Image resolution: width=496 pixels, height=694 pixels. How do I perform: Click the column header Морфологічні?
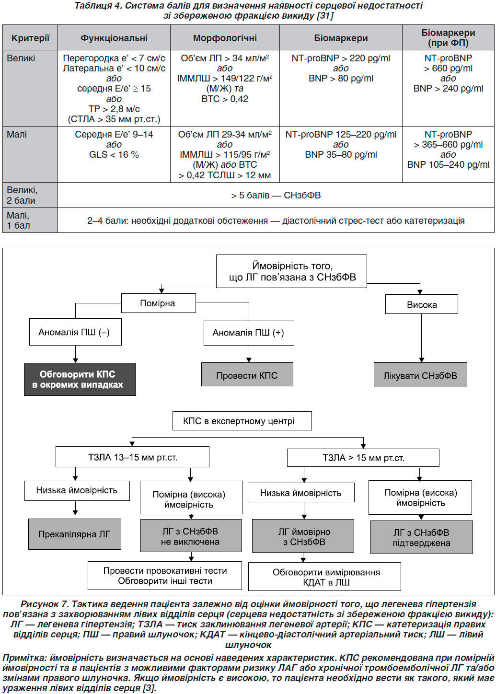(x=225, y=38)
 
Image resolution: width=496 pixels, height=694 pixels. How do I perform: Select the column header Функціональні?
(x=114, y=38)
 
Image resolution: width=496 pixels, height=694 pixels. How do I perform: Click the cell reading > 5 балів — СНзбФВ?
(x=276, y=195)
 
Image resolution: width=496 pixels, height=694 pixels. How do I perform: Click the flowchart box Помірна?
(x=158, y=303)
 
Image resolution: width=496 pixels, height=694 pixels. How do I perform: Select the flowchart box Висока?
(x=421, y=304)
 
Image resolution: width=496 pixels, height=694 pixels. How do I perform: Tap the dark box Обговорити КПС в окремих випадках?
(x=80, y=379)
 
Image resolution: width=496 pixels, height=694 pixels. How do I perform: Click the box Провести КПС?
(x=247, y=374)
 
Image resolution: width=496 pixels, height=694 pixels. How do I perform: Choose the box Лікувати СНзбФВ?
(x=420, y=375)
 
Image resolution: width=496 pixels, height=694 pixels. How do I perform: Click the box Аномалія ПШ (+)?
(x=249, y=333)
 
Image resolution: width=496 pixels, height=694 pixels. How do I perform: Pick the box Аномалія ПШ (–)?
(x=75, y=332)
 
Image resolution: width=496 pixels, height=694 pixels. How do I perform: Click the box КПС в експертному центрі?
(x=242, y=421)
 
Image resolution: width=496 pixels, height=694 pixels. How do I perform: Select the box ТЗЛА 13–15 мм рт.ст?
(x=132, y=457)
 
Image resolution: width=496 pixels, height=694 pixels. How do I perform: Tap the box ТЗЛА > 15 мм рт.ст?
(x=363, y=458)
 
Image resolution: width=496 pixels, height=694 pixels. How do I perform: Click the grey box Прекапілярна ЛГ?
(x=75, y=534)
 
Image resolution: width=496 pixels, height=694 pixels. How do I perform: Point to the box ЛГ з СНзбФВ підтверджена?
(x=421, y=538)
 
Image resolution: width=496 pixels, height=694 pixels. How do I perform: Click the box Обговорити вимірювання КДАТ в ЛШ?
(x=324, y=577)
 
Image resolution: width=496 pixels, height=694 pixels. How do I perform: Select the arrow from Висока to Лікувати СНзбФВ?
(x=421, y=338)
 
